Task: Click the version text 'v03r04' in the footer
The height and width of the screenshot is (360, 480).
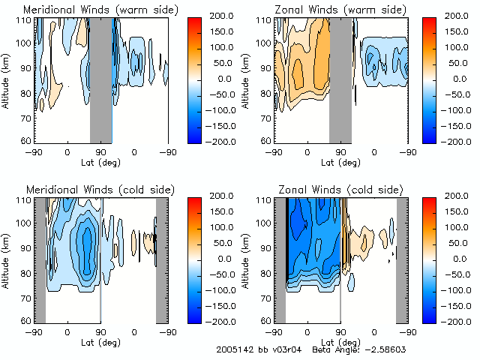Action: click(282, 350)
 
